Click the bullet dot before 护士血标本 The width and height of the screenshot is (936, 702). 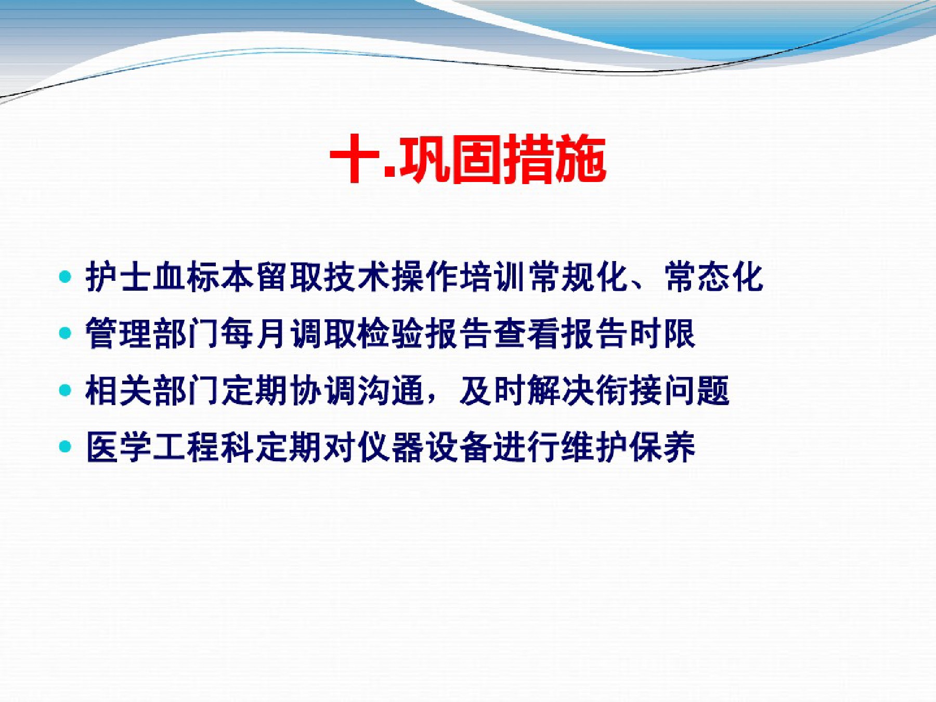[65, 277]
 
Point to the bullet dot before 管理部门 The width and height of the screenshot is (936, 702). [65, 333]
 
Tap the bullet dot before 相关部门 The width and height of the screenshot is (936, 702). [65, 391]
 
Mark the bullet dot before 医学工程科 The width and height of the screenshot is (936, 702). [65, 447]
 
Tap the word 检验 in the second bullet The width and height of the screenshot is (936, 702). [390, 333]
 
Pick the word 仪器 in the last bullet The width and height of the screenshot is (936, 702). [390, 447]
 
